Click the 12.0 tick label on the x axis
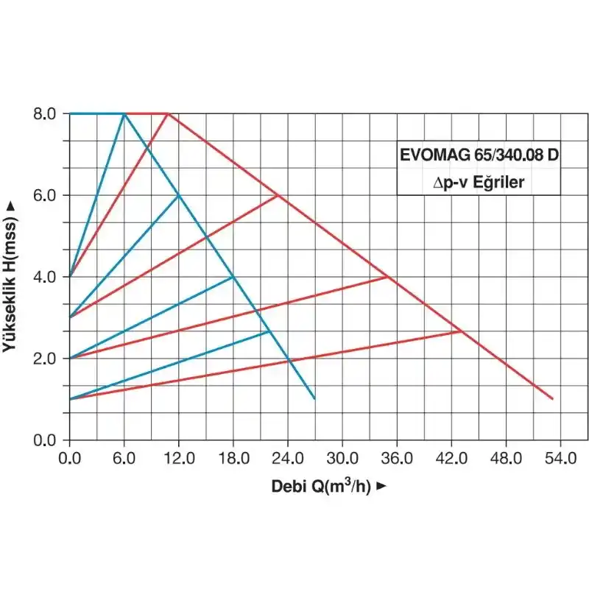pyautogui.click(x=179, y=458)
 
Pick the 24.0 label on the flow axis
pyautogui.click(x=288, y=458)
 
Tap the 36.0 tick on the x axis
pyautogui.click(x=397, y=458)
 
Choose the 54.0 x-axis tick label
pyautogui.click(x=560, y=458)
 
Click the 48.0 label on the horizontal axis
pyautogui.click(x=506, y=458)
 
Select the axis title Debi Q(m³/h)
pyautogui.click(x=328, y=486)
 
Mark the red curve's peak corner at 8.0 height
pyautogui.click(x=168, y=113)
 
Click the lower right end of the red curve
pyautogui.click(x=552, y=399)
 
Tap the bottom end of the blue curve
pyautogui.click(x=314, y=399)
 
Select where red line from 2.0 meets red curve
pyautogui.click(x=387, y=277)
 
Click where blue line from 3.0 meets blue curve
pyautogui.click(x=178, y=195)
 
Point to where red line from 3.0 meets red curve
pyautogui.click(x=278, y=195)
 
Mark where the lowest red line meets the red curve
pyautogui.click(x=462, y=331)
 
